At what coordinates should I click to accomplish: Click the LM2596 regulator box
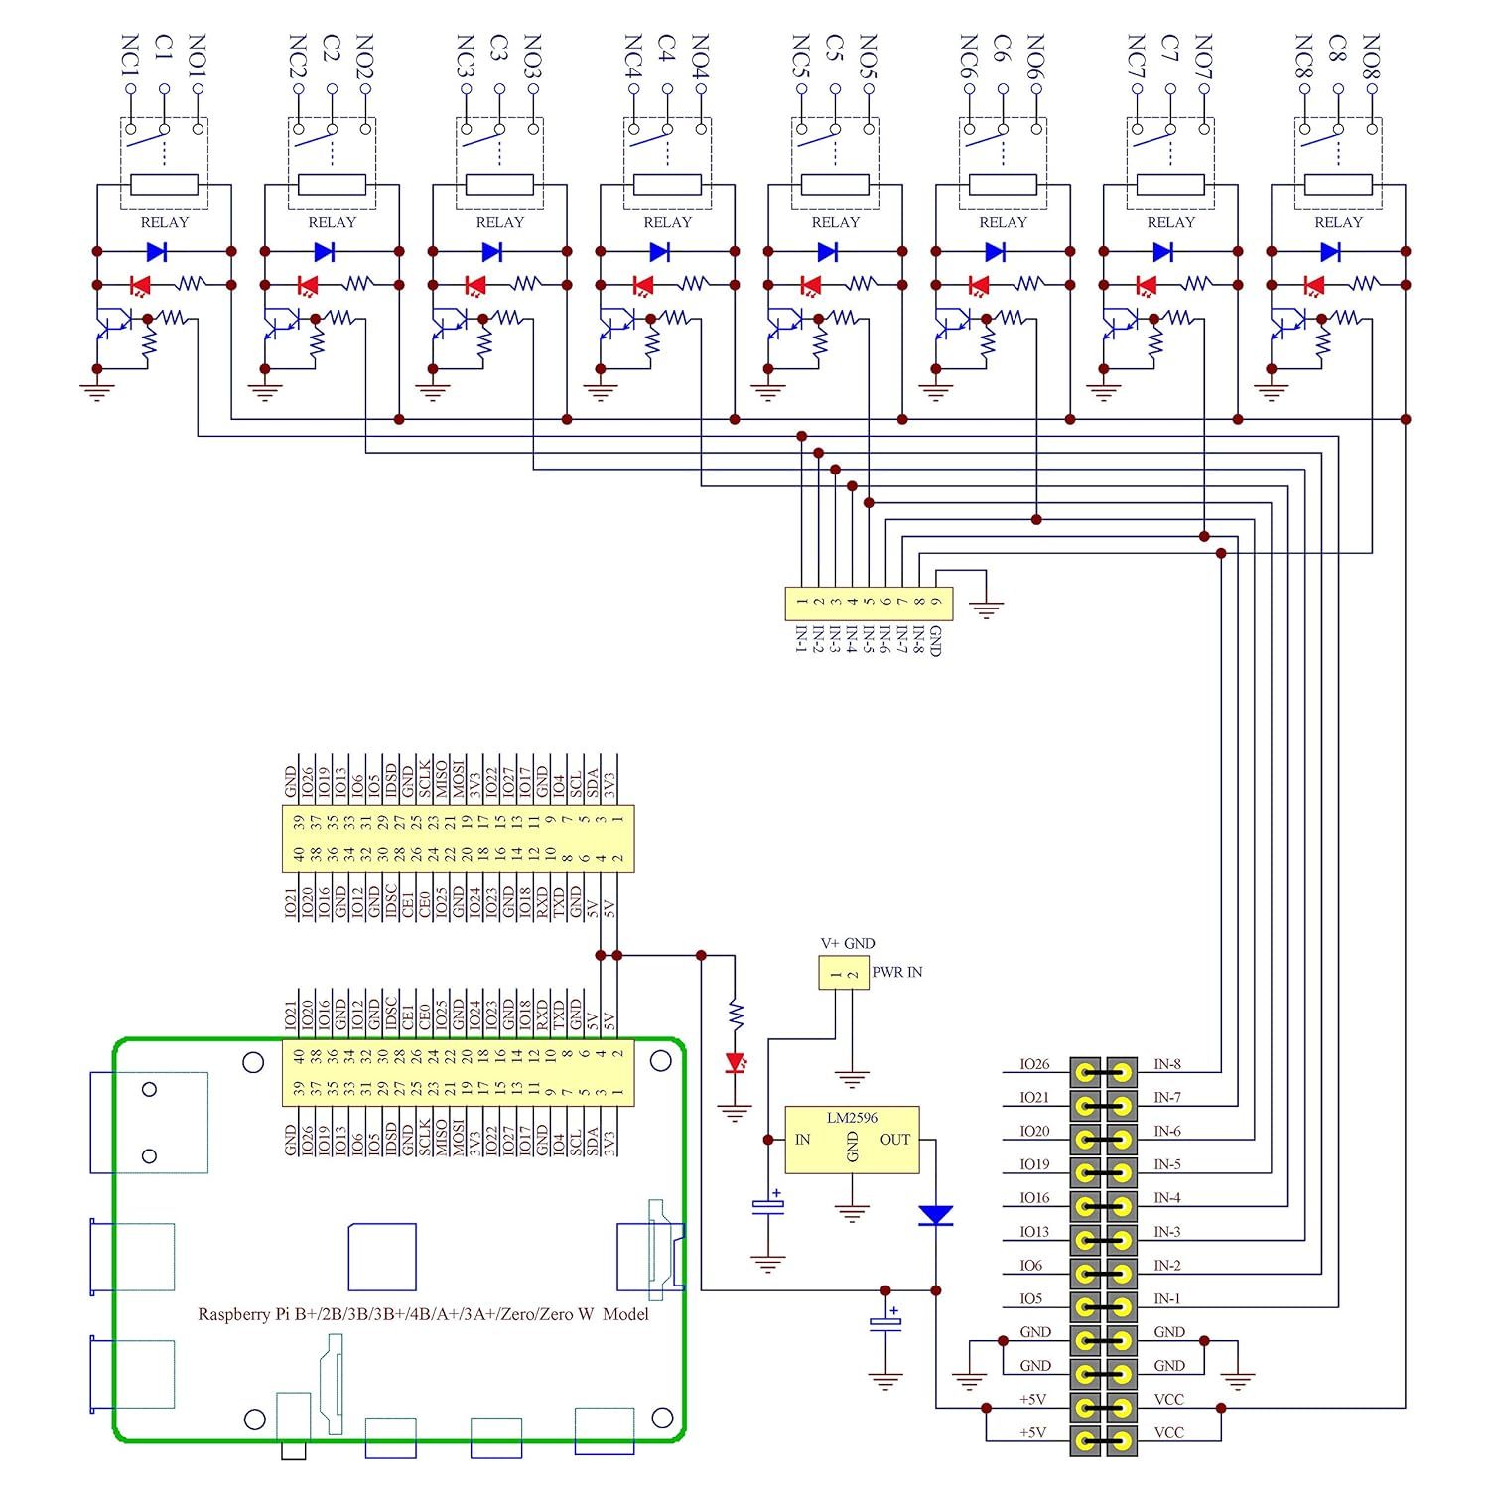pyautogui.click(x=852, y=1141)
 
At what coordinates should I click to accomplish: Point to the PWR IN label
pyautogui.click(x=897, y=972)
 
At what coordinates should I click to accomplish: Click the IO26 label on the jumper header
pyautogui.click(x=1034, y=1064)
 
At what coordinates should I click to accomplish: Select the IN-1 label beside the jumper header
pyautogui.click(x=1167, y=1298)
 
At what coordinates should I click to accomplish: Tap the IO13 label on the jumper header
pyautogui.click(x=1034, y=1232)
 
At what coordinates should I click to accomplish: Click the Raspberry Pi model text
pyautogui.click(x=423, y=1314)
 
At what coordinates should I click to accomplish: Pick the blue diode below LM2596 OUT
pyautogui.click(x=936, y=1215)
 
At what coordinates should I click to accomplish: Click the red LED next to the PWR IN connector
pyautogui.click(x=736, y=1063)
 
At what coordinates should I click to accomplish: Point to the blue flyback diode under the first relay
pyautogui.click(x=156, y=252)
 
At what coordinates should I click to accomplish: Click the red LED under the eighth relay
pyautogui.click(x=1314, y=286)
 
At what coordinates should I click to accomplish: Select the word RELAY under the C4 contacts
pyautogui.click(x=667, y=222)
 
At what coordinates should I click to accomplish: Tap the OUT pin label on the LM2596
pyautogui.click(x=894, y=1140)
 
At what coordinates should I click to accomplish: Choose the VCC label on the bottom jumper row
pyautogui.click(x=1168, y=1432)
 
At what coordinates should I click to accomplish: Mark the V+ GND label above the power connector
pyautogui.click(x=848, y=943)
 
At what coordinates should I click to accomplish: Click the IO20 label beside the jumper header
pyautogui.click(x=1034, y=1131)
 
